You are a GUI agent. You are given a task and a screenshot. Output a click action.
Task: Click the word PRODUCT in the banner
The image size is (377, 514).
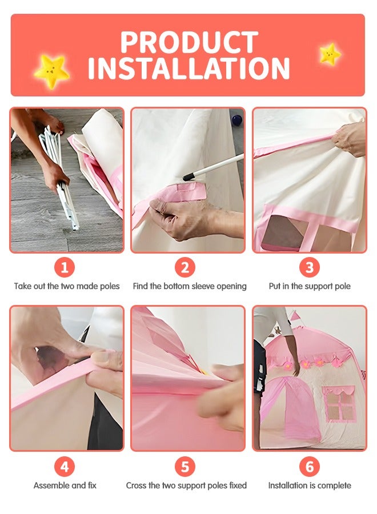pos(189,42)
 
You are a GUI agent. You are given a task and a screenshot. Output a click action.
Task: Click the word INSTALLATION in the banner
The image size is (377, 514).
pos(188,68)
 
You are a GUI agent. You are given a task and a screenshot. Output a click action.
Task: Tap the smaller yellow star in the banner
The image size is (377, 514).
pos(330,54)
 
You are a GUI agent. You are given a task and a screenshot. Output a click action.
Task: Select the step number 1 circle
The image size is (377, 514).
pos(65,267)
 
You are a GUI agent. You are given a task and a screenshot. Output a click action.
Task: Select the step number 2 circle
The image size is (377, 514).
pos(185,267)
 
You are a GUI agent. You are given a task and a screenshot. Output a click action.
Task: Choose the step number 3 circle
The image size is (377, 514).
pos(310,267)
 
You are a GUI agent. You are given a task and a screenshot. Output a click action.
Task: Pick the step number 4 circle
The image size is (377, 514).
pos(65,467)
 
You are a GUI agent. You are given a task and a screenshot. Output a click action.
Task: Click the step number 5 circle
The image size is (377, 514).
pos(185,467)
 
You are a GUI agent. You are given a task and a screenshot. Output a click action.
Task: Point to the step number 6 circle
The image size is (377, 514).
pos(310,467)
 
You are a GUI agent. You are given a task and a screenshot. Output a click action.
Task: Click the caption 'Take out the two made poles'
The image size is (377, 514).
pos(67,286)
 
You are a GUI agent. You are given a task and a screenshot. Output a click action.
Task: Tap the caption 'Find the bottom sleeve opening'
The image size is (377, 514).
pos(190,286)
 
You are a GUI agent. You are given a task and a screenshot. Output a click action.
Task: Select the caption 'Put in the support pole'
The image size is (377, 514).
pos(310,286)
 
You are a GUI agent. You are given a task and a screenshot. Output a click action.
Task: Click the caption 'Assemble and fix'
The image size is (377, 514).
pos(65,485)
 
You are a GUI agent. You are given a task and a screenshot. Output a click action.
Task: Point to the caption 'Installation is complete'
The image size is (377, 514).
pos(310,485)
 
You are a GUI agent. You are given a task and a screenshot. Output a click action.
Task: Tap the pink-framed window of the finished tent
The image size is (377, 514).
pos(339,404)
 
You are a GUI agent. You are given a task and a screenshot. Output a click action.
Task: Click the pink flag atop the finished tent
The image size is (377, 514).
pos(295,316)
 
